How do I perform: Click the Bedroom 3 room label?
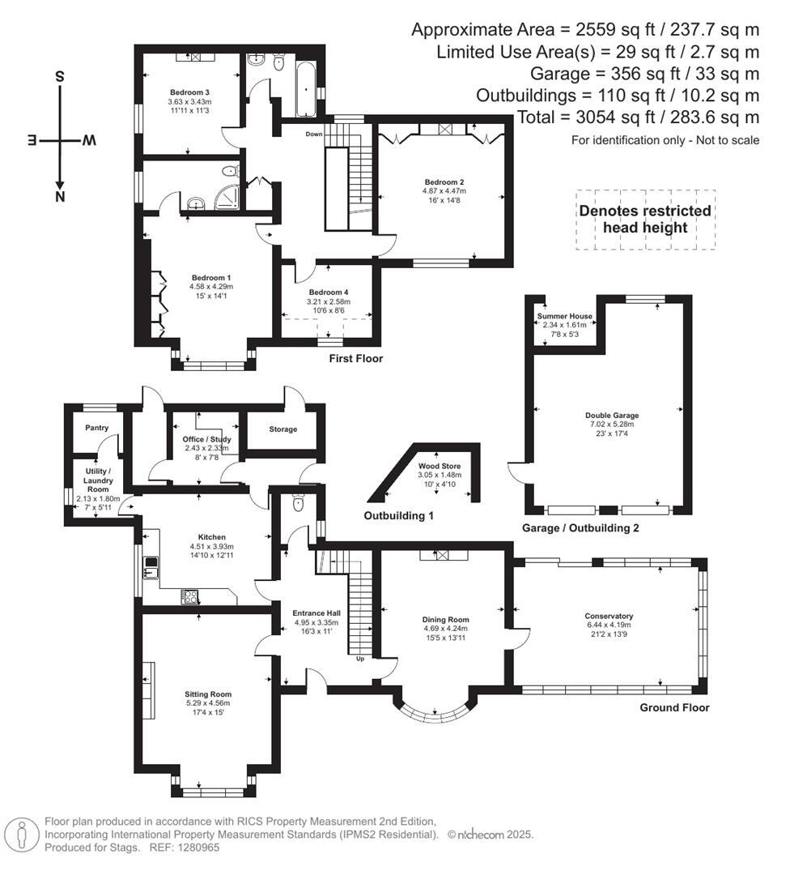[189, 92]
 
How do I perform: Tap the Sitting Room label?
[209, 694]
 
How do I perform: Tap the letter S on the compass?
[60, 77]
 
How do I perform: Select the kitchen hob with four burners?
[192, 597]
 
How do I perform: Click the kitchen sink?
[151, 566]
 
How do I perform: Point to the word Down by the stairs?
[315, 134]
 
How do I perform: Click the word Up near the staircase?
[361, 659]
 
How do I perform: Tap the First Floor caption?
[356, 358]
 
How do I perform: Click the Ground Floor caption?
[674, 707]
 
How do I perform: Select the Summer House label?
[564, 316]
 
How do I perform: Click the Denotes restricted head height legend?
[645, 219]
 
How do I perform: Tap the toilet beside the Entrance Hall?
[299, 505]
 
